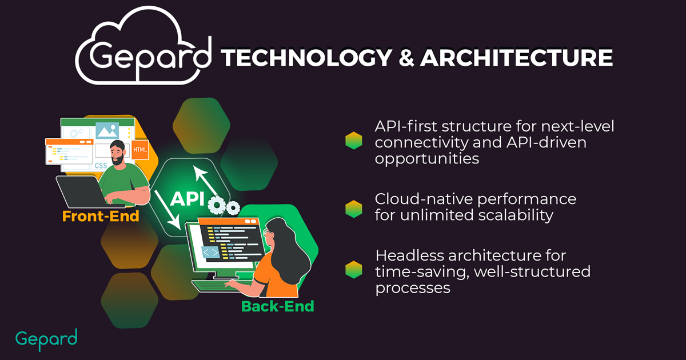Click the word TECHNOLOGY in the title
306,58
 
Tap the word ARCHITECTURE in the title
516,58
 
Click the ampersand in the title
406,58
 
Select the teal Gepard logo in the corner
46,340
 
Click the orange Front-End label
101,216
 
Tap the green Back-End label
278,306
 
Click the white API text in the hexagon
187,199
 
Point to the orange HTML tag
140,149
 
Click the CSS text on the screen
101,166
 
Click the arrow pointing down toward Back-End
167,210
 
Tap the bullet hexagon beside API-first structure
354,141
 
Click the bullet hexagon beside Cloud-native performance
354,209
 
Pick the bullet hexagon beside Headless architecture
354,270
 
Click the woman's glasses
267,232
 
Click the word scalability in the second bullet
516,215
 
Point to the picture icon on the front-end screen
107,131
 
